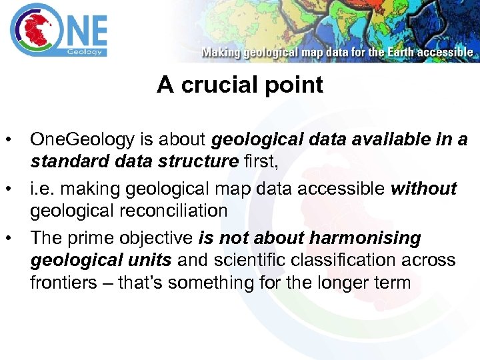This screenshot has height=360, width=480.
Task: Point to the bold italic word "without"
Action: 424,189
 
